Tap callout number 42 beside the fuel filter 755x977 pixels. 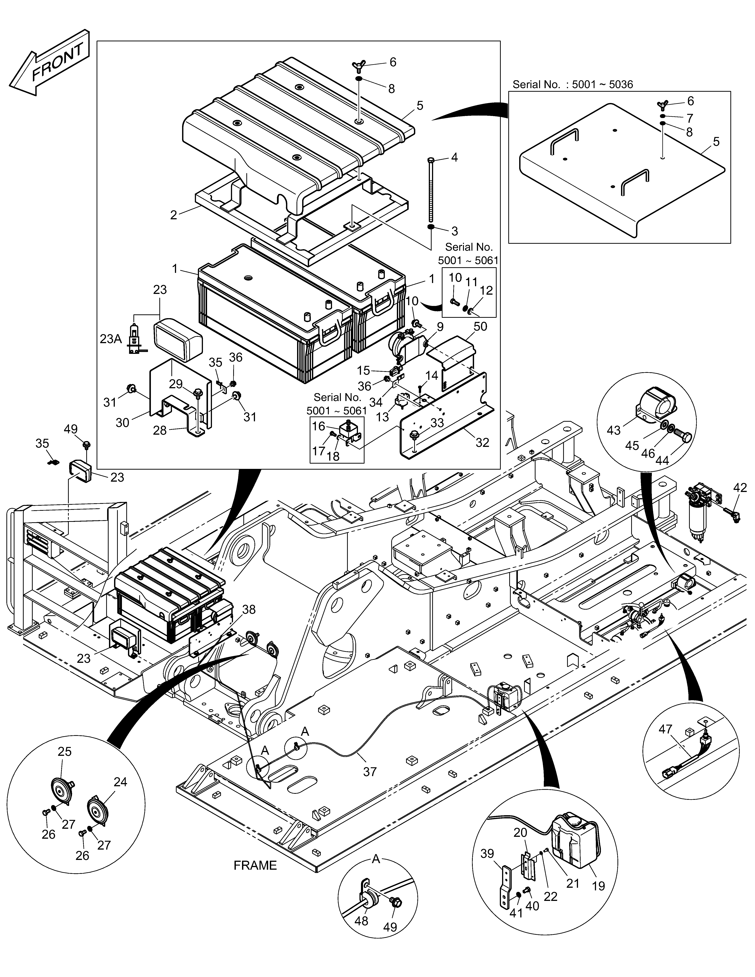click(x=740, y=488)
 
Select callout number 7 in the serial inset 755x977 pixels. click(x=689, y=118)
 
